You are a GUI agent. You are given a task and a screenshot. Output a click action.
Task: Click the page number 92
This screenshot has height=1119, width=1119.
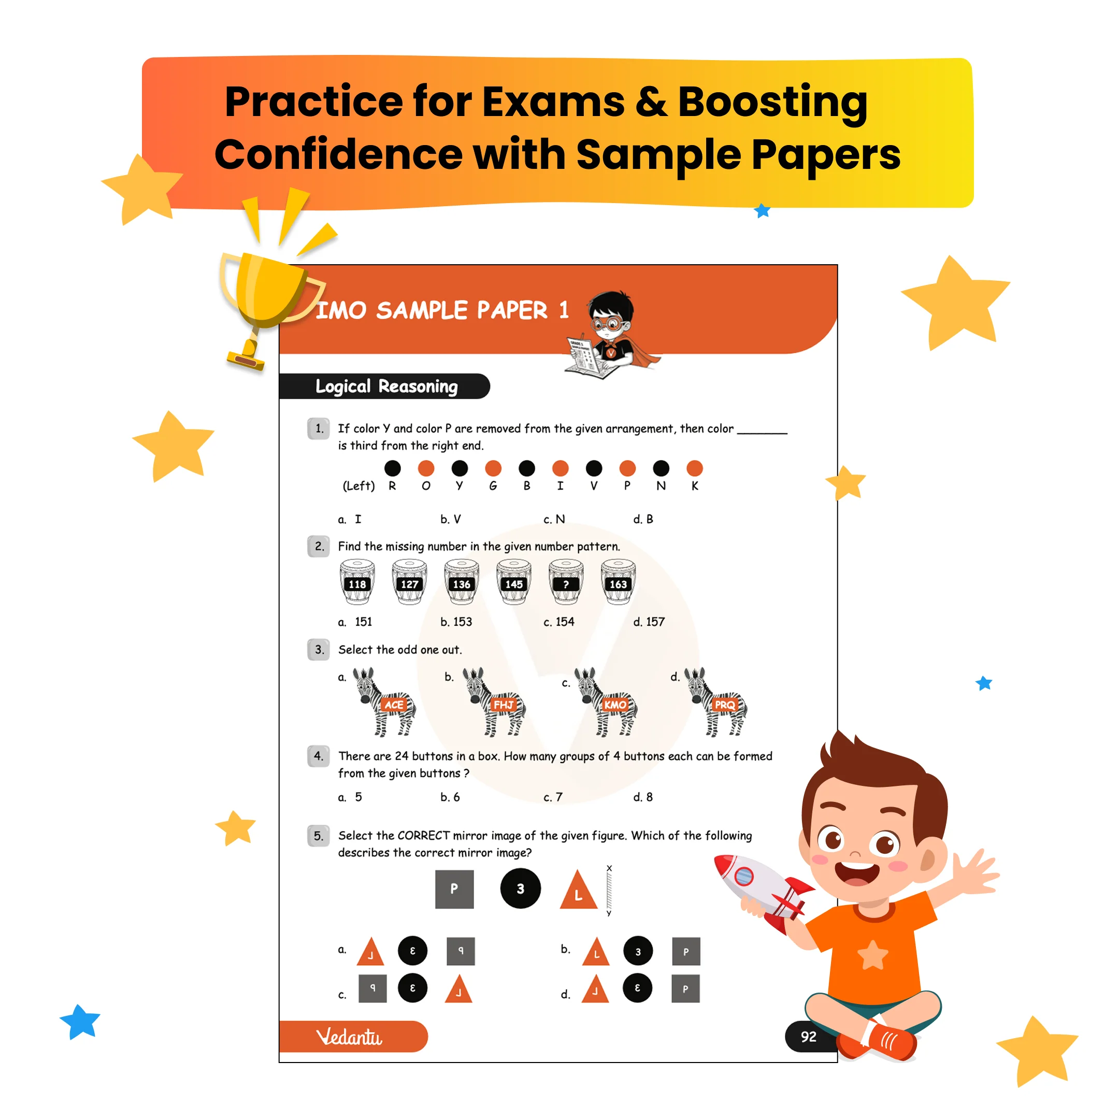point(809,1037)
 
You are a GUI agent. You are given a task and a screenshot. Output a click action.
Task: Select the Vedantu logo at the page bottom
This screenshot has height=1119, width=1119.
point(349,1037)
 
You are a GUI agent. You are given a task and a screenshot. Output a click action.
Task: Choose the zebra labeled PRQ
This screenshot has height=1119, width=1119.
point(716,702)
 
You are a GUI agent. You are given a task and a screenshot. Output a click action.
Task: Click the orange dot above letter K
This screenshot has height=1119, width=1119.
point(694,468)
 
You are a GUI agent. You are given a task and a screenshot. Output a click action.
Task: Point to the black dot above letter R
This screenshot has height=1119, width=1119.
point(392,468)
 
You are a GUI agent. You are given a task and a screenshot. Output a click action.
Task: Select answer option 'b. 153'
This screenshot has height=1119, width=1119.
point(456,622)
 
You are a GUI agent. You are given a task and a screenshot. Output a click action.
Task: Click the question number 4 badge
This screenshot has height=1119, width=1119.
point(319,756)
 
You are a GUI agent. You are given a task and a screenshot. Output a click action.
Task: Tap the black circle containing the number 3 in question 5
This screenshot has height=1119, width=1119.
point(520,888)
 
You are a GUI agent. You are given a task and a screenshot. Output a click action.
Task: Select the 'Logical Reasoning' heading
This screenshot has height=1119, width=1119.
point(386,386)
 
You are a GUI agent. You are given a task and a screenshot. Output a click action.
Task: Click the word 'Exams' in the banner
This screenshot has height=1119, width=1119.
point(553,102)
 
